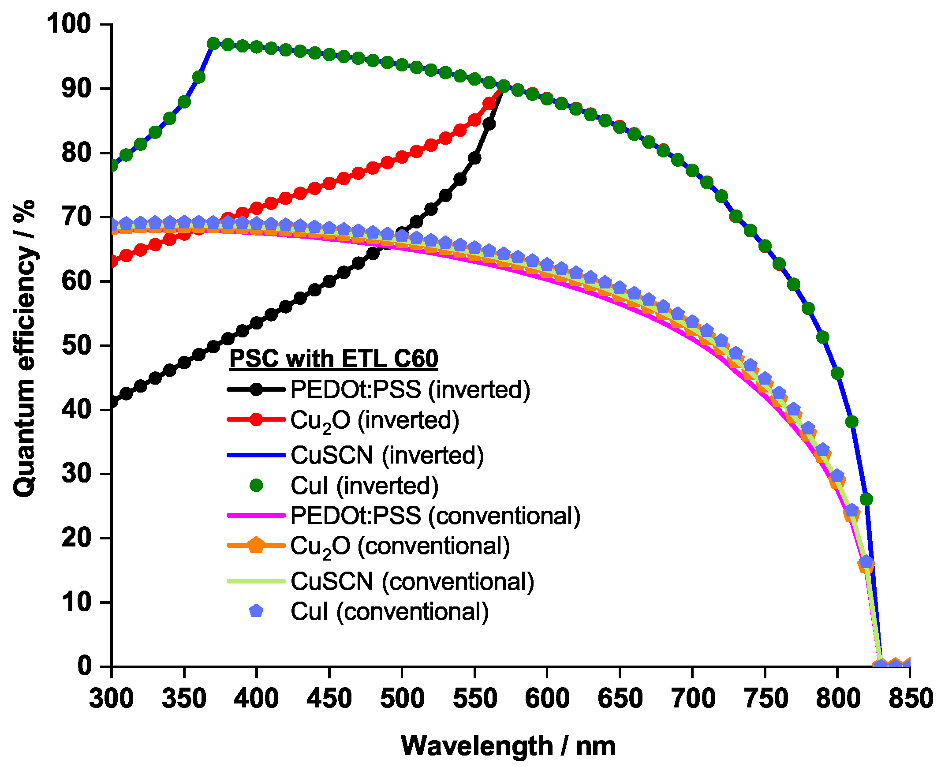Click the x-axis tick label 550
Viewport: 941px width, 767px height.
[475, 699]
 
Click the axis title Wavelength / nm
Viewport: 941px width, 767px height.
[508, 746]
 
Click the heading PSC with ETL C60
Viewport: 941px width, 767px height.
[333, 358]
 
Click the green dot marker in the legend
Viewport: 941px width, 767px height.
[256, 486]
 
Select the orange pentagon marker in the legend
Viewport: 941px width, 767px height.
[256, 546]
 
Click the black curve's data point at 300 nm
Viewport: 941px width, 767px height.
[112, 402]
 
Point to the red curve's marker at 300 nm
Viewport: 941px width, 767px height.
[112, 262]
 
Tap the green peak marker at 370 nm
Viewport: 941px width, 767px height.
[213, 44]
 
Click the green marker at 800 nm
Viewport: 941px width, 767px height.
[837, 373]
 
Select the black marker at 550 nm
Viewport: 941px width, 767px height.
[475, 158]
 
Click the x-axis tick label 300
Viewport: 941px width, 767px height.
[111, 699]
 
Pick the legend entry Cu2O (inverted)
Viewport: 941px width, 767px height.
[375, 421]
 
